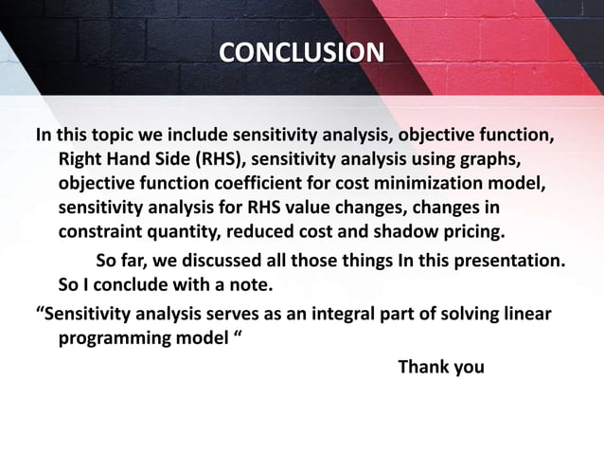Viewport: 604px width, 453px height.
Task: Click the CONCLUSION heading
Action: (x=302, y=50)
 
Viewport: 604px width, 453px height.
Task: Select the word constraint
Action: (x=107, y=232)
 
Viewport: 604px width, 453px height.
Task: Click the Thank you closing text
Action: (x=440, y=367)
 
